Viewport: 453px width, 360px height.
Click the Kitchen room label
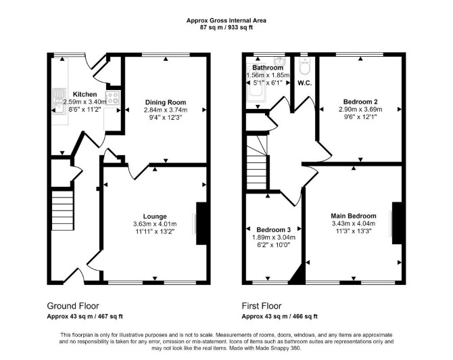tap(85, 94)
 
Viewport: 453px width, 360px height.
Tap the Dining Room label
tap(166, 102)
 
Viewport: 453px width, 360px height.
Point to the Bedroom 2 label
tap(360, 102)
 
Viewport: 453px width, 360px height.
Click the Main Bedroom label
tap(354, 216)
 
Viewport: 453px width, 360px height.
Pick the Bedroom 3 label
tap(274, 230)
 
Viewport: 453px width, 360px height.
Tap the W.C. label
tap(304, 83)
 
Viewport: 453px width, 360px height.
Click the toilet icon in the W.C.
tap(304, 66)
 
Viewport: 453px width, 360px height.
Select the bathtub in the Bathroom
tap(256, 84)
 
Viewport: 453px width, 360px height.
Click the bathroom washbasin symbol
tap(279, 62)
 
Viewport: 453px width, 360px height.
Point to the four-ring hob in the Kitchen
tap(113, 97)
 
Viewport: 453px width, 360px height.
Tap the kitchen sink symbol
tap(59, 102)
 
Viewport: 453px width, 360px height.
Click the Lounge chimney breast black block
tap(201, 223)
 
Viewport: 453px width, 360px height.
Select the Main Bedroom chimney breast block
tap(398, 223)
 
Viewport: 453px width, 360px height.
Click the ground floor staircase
tap(62, 210)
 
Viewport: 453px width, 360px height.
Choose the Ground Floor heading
tap(73, 306)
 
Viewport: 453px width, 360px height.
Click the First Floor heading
tap(262, 306)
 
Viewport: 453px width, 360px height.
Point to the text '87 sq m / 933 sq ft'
tap(226, 28)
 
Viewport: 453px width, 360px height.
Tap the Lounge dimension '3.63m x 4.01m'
tap(155, 224)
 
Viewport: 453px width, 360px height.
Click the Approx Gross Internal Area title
tap(226, 20)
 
